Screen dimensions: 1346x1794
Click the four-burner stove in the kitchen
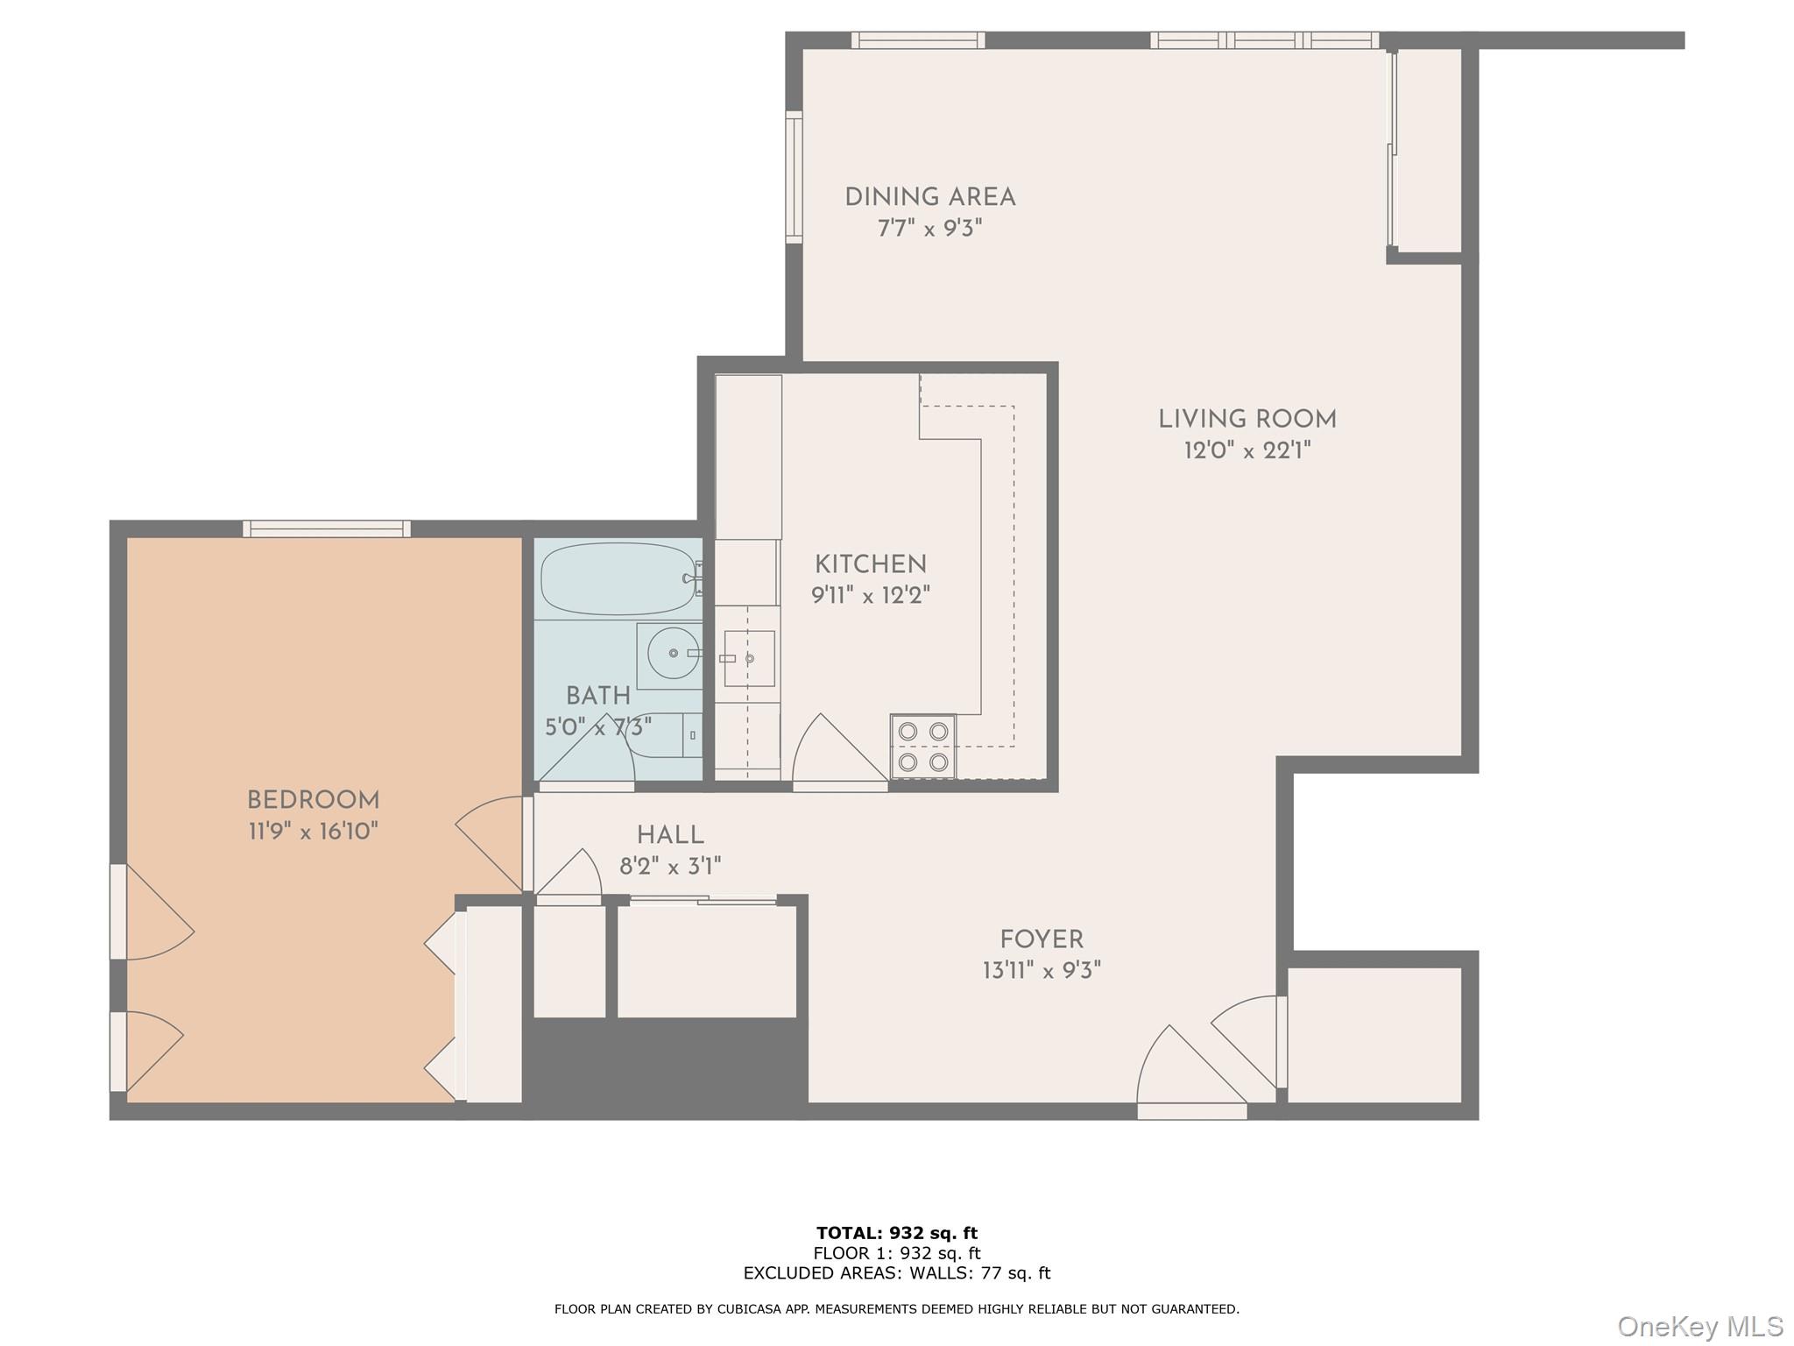point(923,746)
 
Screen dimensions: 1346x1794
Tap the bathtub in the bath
point(618,579)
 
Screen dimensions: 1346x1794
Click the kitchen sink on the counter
point(749,658)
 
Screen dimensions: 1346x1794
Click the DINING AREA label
point(929,197)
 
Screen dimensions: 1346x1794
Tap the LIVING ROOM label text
point(1247,419)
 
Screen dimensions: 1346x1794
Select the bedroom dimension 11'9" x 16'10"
point(313,831)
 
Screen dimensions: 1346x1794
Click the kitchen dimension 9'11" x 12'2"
point(870,596)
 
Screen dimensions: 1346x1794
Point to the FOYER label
point(1042,939)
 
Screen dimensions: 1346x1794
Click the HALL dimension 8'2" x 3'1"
point(670,867)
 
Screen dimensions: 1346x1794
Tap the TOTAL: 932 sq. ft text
point(896,1233)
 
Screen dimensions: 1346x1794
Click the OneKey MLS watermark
point(1699,1326)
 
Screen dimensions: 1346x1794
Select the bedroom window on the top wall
point(327,528)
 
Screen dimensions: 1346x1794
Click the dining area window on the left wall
point(794,177)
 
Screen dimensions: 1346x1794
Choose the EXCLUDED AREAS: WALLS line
point(896,1272)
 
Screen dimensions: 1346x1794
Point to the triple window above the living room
point(1264,40)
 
